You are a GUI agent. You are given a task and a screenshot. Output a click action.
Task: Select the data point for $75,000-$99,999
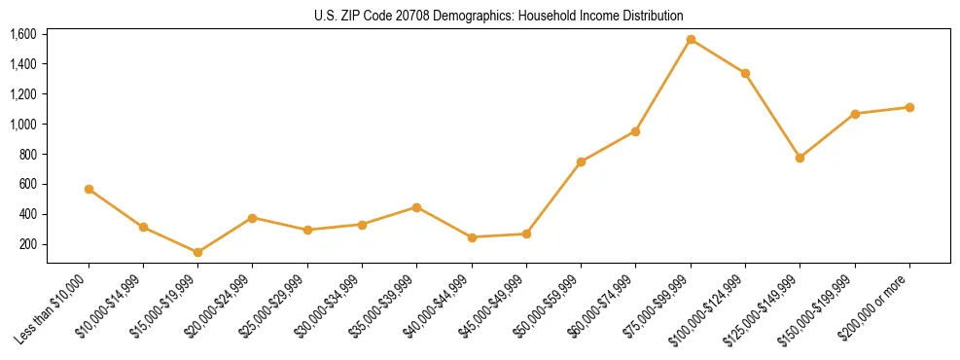[691, 40]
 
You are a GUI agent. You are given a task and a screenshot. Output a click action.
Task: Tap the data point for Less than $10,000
[89, 189]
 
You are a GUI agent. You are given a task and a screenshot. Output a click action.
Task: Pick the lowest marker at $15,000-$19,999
[198, 252]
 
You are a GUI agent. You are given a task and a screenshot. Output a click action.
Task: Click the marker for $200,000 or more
[909, 107]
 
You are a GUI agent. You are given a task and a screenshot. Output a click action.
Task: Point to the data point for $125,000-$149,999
[800, 158]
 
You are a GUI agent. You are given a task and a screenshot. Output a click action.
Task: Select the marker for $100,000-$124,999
[745, 73]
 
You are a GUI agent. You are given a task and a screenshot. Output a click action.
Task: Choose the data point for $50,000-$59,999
[581, 162]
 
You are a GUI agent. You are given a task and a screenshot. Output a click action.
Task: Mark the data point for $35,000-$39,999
[416, 207]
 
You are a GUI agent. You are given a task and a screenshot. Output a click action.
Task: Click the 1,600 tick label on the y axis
[22, 34]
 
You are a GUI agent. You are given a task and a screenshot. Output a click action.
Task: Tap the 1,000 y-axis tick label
[22, 125]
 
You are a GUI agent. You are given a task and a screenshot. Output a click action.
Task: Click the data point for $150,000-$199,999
[855, 114]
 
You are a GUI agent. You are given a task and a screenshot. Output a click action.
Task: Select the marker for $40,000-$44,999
[472, 237]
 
